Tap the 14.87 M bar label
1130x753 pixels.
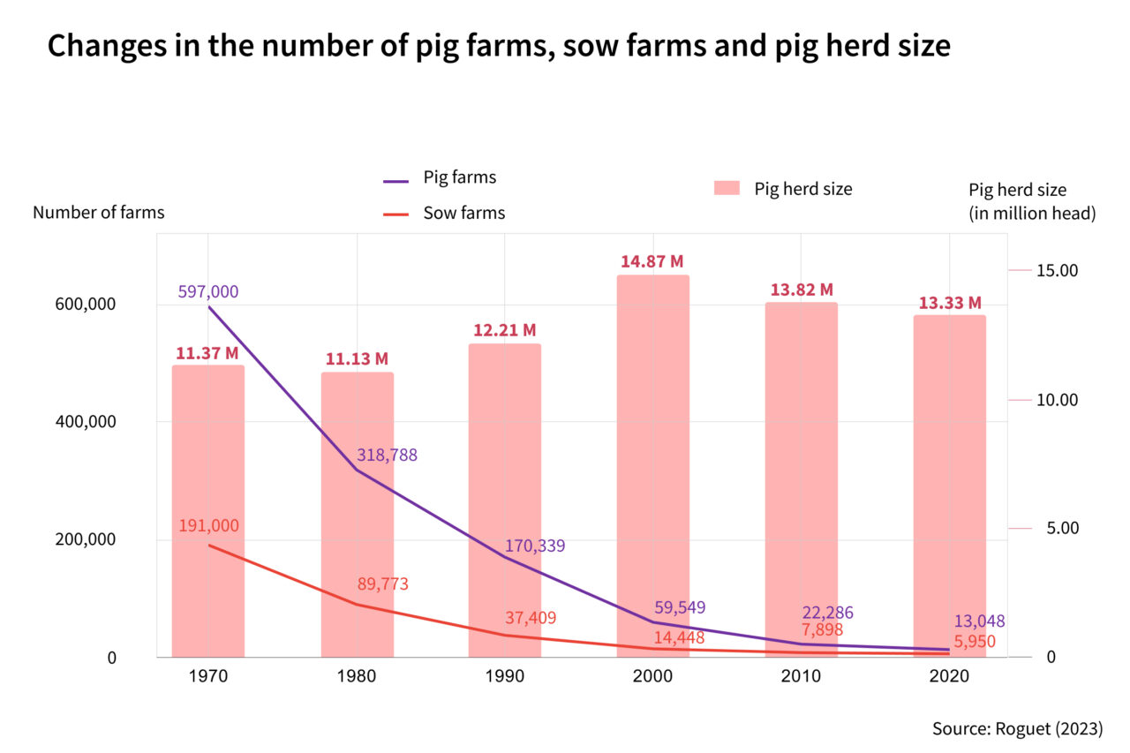(x=652, y=261)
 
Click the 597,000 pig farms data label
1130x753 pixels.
(x=208, y=291)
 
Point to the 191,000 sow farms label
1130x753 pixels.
(x=208, y=525)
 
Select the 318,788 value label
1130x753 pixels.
(x=387, y=456)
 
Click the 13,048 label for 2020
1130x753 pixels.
(x=979, y=621)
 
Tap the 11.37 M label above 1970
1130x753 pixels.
(x=207, y=354)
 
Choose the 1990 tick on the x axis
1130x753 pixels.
(x=505, y=676)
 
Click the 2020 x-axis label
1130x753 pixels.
(x=949, y=676)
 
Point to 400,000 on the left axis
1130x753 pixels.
(x=79, y=422)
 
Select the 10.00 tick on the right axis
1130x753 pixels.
(x=1057, y=400)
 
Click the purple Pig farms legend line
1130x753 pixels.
(x=396, y=181)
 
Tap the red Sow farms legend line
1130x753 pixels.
(x=396, y=213)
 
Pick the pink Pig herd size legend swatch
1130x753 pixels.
(x=726, y=188)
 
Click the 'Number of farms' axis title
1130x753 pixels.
(x=98, y=213)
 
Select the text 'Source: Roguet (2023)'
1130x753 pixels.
(x=1017, y=729)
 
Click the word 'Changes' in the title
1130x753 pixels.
(x=100, y=46)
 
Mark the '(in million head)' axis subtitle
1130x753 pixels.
(x=1032, y=213)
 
